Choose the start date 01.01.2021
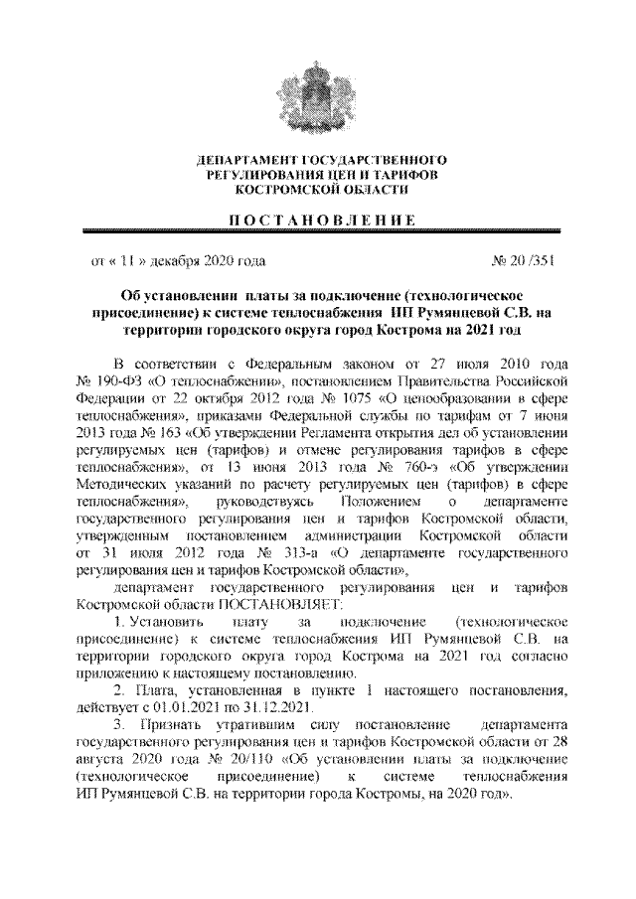pyautogui.click(x=182, y=708)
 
